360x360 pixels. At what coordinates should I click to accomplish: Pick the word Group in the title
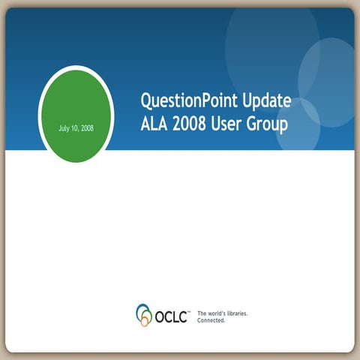[271, 124]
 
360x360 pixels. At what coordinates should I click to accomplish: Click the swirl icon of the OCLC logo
[144, 314]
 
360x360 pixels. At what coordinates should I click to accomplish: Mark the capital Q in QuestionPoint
[147, 100]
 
